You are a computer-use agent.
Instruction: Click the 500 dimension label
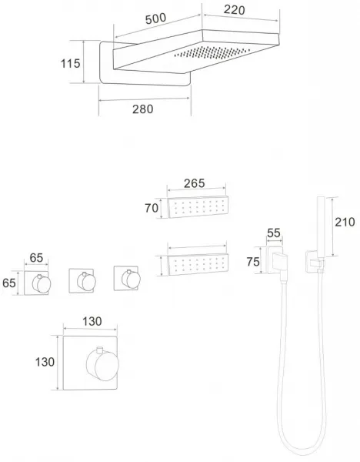pos(155,18)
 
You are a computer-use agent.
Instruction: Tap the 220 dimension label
pos(234,10)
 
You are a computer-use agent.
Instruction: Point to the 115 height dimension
pos(70,63)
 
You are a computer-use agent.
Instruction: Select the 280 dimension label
pos(143,109)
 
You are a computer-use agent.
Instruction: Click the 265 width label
pos(195,183)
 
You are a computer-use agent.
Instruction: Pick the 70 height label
pos(152,208)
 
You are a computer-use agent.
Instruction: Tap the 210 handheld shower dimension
pos(345,222)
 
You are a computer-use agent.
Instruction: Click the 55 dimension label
pos(274,233)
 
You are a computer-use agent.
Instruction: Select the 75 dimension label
pos(253,262)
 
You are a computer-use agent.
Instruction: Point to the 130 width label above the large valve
pos(92,321)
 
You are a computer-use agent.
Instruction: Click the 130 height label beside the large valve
pos(45,362)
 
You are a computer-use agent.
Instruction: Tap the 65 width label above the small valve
pos(36,258)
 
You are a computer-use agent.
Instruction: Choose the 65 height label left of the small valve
pos(8,283)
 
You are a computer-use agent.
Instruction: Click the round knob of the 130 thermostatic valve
pos(103,364)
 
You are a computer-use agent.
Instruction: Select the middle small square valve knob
pos(86,281)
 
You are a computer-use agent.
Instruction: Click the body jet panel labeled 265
pos(198,207)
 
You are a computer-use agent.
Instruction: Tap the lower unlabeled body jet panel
pos(198,264)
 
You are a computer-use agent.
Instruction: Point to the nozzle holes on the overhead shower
pos(212,52)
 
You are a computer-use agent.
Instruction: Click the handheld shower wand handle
pos(321,226)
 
